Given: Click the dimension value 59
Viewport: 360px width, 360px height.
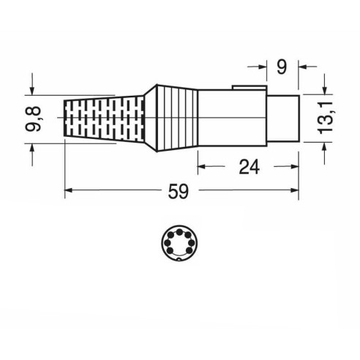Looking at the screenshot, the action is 179,192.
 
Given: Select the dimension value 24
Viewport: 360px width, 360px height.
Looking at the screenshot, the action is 249,167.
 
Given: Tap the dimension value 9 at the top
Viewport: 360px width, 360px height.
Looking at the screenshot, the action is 282,67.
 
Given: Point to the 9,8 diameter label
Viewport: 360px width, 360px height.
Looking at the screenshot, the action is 33,119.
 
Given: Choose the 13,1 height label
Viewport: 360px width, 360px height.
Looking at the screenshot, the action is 326,118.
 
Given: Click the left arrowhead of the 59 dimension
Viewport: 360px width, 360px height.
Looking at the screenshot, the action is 69,190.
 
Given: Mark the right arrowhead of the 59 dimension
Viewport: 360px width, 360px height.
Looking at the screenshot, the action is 295,190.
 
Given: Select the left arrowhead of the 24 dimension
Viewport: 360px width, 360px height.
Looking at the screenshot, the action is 201,167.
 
